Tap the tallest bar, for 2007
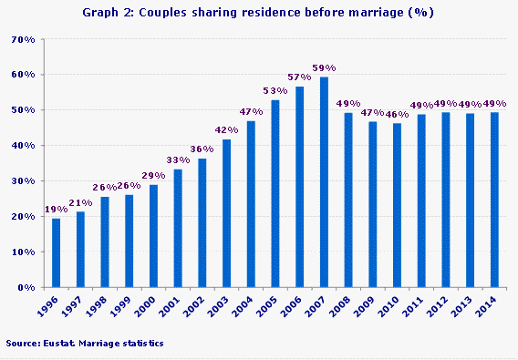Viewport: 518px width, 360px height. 324,182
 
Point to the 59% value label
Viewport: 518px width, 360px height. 324,67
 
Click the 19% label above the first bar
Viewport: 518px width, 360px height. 57,209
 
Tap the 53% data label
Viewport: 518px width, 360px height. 275,90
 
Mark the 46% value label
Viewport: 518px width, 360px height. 397,113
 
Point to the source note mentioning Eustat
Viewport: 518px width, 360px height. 84,344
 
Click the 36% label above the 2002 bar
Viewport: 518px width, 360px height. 202,149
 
